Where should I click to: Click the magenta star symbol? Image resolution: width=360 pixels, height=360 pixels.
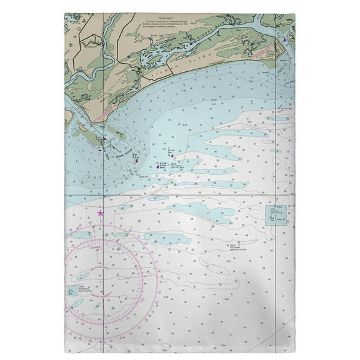(101, 214)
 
